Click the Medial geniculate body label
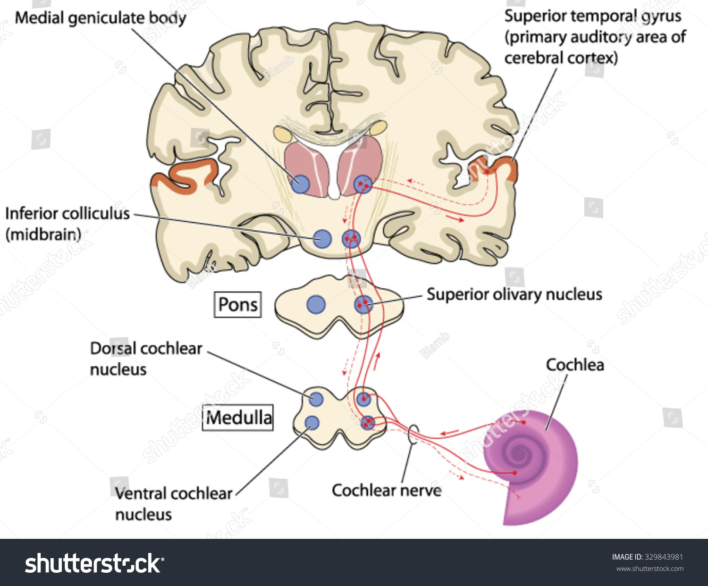pyautogui.click(x=101, y=18)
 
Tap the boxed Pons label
pyautogui.click(x=238, y=304)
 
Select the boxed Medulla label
pyautogui.click(x=238, y=418)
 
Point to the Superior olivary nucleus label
pyautogui.click(x=514, y=294)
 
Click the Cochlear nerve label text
pyautogui.click(x=387, y=490)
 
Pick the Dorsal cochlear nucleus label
pyautogui.click(x=145, y=358)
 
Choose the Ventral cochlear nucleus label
pyautogui.click(x=173, y=503)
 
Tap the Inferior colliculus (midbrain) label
pyautogui.click(x=67, y=223)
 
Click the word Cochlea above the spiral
pyautogui.click(x=574, y=365)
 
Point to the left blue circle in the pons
pyautogui.click(x=316, y=305)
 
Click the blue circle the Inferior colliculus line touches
pyautogui.click(x=322, y=239)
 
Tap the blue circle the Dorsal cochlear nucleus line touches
pyautogui.click(x=316, y=399)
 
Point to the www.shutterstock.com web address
pyautogui.click(x=649, y=569)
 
